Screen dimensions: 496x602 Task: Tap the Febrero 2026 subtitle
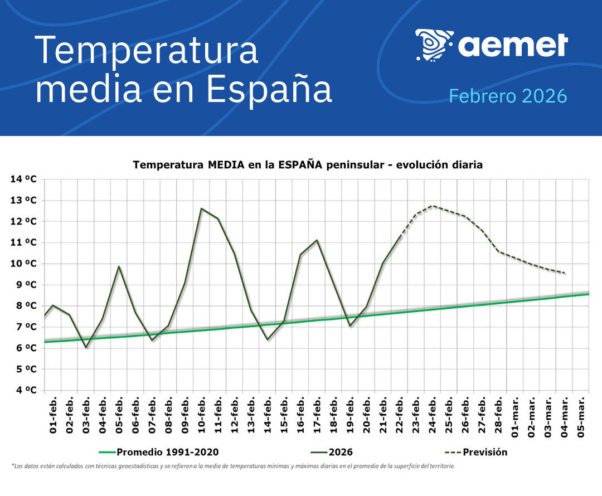[508, 96]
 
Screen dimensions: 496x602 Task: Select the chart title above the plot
[307, 165]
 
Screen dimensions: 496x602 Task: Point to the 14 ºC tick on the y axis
[23, 179]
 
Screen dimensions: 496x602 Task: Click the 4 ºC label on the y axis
[26, 390]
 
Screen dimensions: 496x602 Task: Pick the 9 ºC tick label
[26, 285]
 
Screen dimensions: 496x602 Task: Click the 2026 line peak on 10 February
[201, 208]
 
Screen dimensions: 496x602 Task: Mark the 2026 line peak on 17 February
[317, 240]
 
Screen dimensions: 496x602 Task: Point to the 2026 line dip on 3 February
[86, 347]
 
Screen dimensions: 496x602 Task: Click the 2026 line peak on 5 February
[119, 266]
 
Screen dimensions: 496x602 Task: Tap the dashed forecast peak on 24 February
[433, 206]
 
